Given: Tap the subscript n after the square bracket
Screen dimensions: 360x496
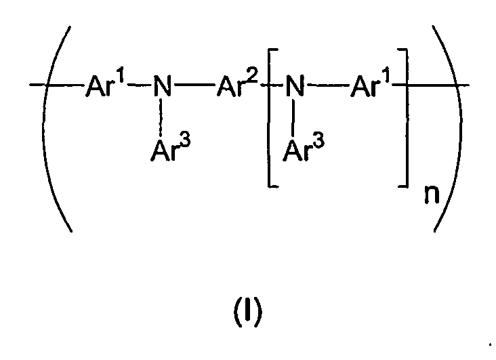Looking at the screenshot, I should click(422, 196).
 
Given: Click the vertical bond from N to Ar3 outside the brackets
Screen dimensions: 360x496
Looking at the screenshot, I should click(161, 120).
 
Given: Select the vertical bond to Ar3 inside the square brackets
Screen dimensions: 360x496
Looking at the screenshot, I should click(293, 120).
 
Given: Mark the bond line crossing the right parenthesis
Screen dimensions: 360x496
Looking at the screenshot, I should click(451, 86).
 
